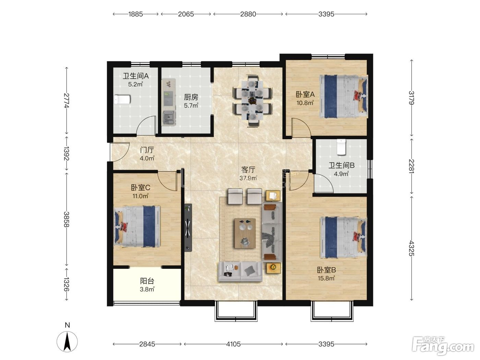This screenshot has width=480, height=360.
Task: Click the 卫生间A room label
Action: [x=135, y=76]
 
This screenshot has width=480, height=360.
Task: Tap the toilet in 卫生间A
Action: [x=122, y=99]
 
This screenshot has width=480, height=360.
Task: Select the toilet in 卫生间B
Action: [x=341, y=147]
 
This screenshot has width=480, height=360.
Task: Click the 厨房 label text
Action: [x=191, y=97]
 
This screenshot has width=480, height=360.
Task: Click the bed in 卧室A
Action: [x=344, y=96]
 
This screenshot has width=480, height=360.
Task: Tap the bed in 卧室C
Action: [x=137, y=226]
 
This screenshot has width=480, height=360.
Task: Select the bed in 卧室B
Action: [x=344, y=237]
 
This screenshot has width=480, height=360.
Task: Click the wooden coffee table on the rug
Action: [x=245, y=233]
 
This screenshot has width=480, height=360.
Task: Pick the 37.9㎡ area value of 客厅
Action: [x=248, y=178]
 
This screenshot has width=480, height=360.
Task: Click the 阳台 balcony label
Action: [x=147, y=281]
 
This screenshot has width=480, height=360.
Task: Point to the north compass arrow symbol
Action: [x=67, y=341]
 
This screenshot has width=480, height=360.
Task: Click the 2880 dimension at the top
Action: [x=248, y=14]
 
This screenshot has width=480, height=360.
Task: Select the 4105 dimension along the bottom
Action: [x=233, y=344]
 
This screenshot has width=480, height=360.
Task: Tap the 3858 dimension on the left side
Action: [x=66, y=219]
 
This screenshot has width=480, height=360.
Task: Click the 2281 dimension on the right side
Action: [x=411, y=166]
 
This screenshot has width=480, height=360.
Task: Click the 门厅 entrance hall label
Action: [x=147, y=150]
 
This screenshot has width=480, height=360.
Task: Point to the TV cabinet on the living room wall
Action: [x=188, y=228]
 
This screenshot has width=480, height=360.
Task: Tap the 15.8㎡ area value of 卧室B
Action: [x=326, y=278]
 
